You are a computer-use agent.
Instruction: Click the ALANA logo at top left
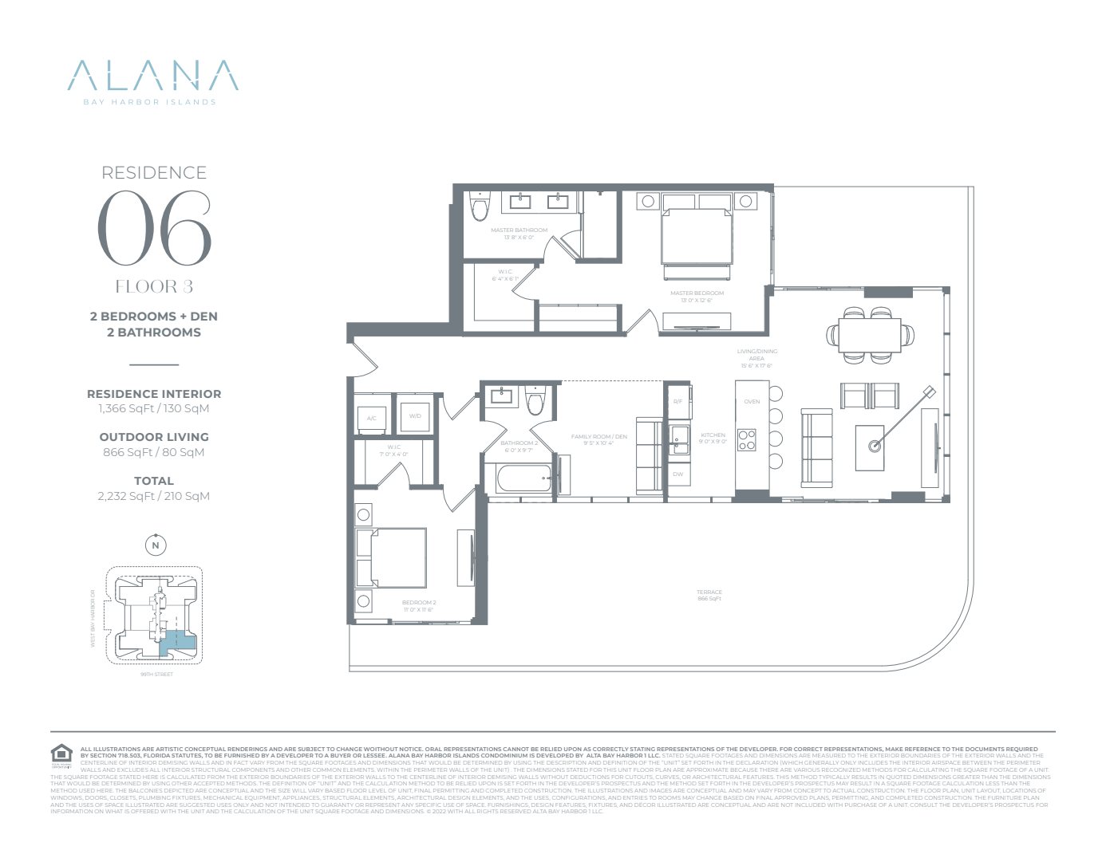[152, 77]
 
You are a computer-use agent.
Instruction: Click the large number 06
[155, 230]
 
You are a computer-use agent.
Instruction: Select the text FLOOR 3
[154, 286]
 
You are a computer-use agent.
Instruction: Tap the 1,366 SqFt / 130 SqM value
[154, 408]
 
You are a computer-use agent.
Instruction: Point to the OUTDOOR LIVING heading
[154, 437]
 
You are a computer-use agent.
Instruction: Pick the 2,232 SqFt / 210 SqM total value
[154, 496]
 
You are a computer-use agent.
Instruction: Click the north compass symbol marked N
[156, 545]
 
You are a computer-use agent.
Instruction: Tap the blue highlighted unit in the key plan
[180, 641]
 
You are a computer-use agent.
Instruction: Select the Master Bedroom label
[697, 293]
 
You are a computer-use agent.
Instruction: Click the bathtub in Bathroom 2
[519, 479]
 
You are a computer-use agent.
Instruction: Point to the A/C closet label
[372, 418]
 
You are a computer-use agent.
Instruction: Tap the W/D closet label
[415, 416]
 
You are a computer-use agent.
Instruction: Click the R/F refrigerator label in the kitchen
[677, 401]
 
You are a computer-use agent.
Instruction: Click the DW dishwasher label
[677, 474]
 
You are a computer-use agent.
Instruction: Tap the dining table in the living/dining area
[869, 334]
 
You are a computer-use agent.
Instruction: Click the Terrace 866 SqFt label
[709, 595]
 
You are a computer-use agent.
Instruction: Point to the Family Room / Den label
[598, 439]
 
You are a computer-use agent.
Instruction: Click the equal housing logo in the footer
[61, 754]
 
